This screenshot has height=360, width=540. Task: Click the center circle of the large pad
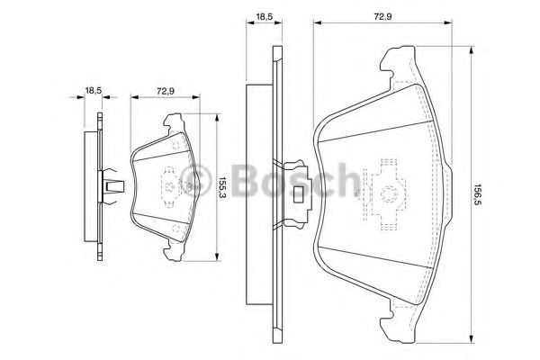385,193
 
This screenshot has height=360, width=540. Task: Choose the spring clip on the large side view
296,190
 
